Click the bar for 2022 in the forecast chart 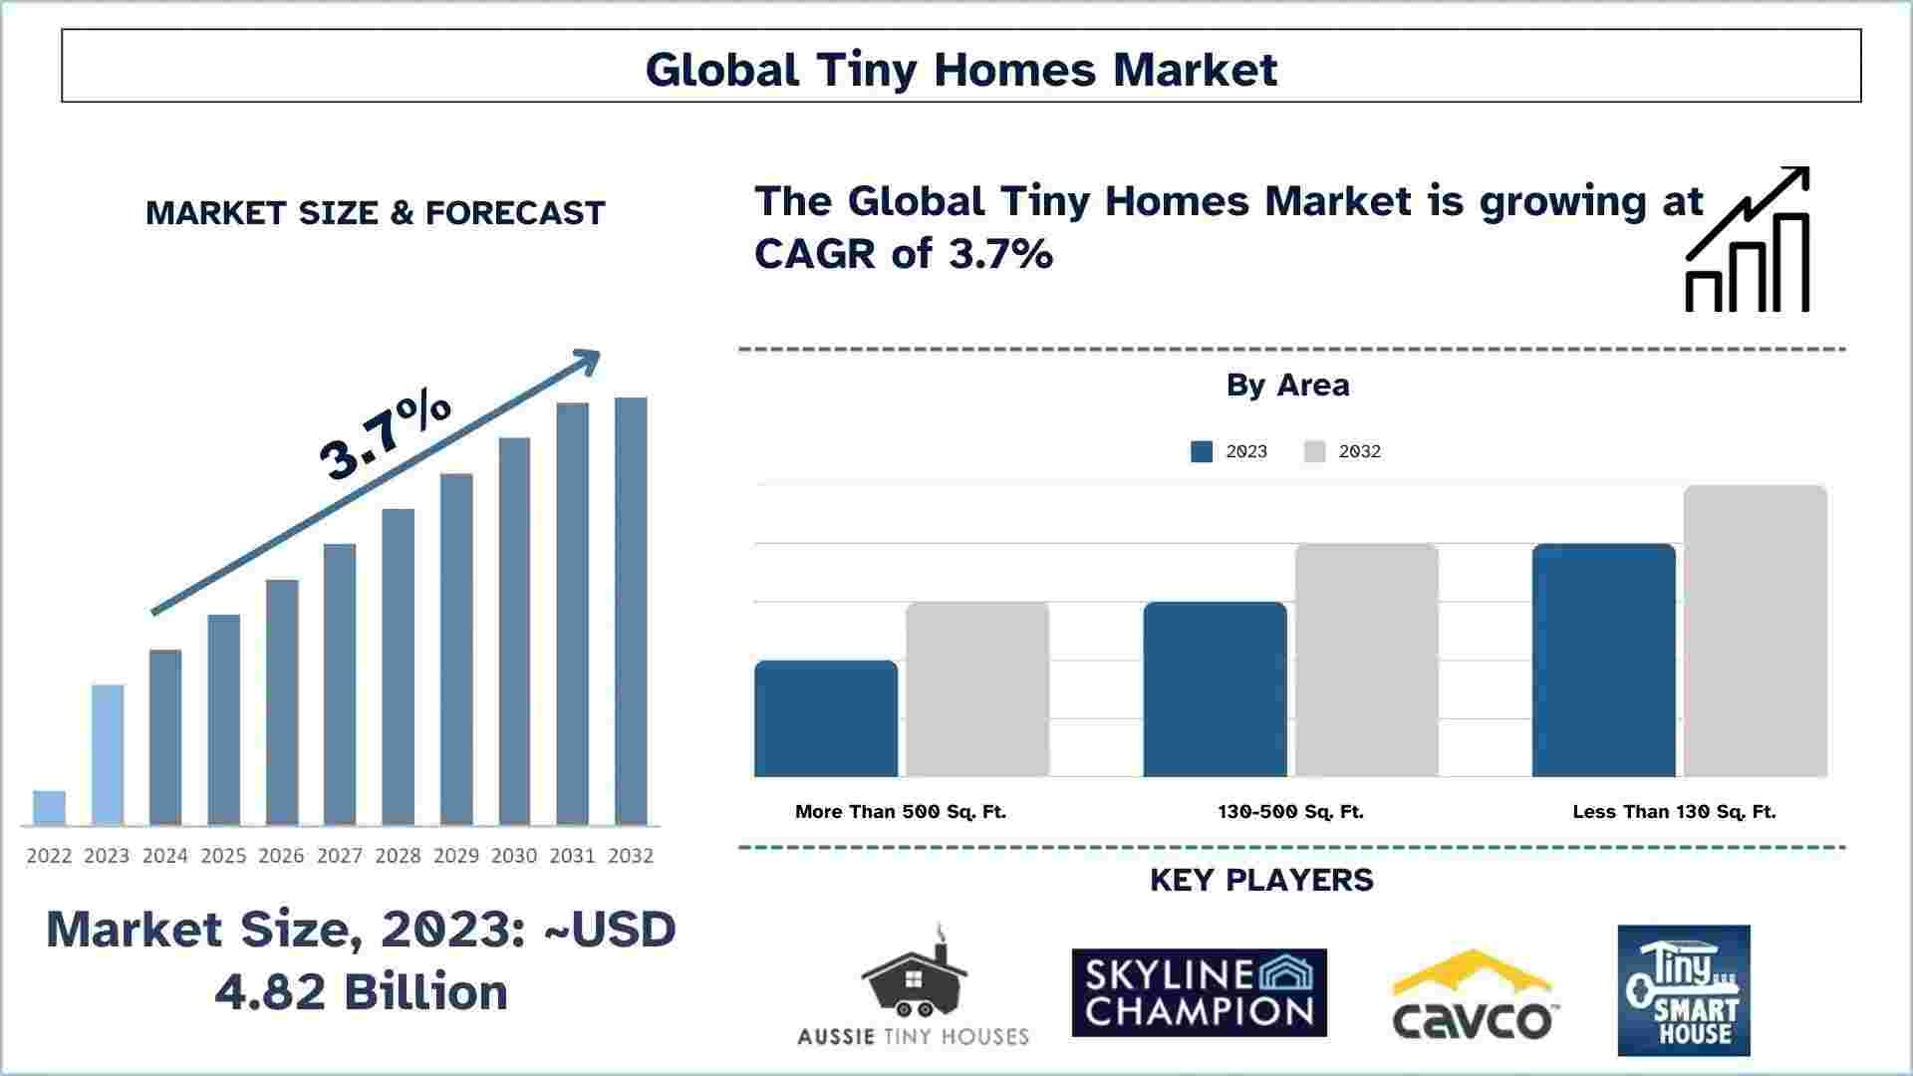49,808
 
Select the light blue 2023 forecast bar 108,755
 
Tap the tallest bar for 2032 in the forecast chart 631,612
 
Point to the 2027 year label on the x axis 340,856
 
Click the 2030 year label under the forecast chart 514,856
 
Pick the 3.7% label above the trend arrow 386,435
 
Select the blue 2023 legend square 1202,451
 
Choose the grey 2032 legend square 1315,451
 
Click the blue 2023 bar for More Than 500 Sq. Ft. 826,718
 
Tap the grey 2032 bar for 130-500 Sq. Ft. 1367,660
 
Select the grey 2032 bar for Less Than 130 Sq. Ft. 1756,631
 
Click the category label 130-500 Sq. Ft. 1290,812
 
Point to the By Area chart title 1288,385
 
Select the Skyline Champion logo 1200,992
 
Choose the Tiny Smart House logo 1684,990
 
